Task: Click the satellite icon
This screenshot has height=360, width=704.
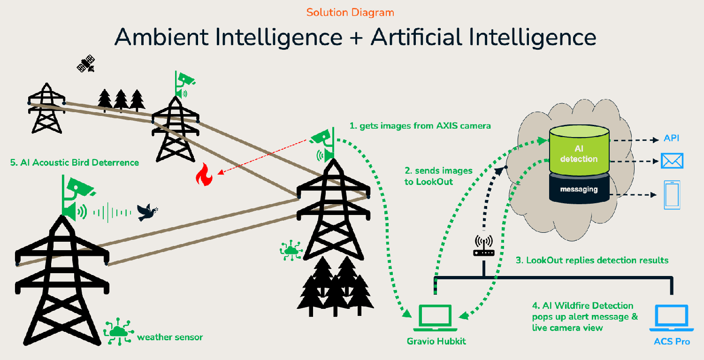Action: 86,63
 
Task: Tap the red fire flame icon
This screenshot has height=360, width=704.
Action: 204,175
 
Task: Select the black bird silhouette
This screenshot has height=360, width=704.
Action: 147,213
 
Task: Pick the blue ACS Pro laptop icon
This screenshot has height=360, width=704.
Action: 671,318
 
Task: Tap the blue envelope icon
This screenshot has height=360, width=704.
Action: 672,161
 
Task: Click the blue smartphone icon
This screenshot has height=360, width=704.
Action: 672,195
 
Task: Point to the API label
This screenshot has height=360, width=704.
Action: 671,138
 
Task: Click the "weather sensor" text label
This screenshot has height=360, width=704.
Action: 170,337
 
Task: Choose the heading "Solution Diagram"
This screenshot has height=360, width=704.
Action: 350,12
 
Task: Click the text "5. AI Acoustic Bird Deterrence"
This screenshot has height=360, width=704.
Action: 75,162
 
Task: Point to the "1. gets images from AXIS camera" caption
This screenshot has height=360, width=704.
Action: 420,126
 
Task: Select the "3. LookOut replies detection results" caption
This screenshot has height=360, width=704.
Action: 592,260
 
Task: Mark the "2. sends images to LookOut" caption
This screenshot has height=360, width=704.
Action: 438,176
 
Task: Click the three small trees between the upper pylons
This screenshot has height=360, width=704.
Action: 121,100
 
